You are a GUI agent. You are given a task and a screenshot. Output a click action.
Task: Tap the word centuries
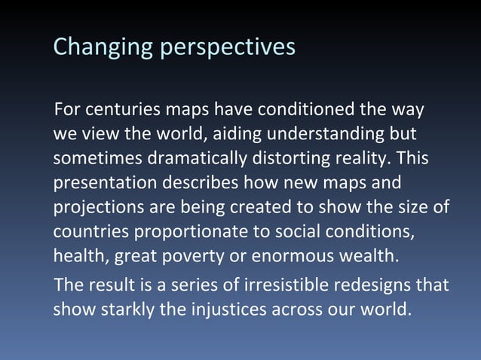click(x=119, y=111)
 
